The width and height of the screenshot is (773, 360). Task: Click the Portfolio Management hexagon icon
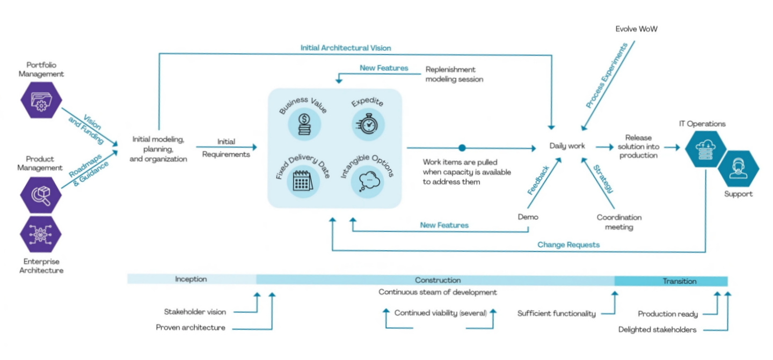pos(41,100)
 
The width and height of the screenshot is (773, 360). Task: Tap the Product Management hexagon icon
pos(41,195)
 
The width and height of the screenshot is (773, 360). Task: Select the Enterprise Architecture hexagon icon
pos(41,234)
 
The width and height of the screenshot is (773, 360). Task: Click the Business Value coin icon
pos(304,124)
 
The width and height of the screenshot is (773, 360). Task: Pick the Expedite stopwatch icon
pos(368,124)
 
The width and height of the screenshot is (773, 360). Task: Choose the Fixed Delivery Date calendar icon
pos(303,181)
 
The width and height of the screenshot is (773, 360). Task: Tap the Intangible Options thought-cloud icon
pos(368,181)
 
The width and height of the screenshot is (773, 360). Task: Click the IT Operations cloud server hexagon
pos(706,149)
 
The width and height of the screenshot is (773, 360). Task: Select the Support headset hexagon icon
pos(739,169)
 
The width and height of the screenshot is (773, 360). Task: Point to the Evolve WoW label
pos(636,29)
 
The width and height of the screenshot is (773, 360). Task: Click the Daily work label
pos(567,146)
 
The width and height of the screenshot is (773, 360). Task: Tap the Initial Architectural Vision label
pos(346,48)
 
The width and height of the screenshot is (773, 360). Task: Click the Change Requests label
pos(568,245)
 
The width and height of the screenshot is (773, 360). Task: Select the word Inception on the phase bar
pos(191,279)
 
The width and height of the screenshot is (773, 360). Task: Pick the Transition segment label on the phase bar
pos(680,281)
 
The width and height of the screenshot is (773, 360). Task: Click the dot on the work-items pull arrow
pos(462,148)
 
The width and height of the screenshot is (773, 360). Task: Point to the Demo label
pos(528,217)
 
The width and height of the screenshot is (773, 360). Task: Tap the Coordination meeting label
pos(619,222)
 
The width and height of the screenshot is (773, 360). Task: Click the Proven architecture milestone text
pos(191,328)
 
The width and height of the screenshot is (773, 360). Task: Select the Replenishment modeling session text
pos(454,75)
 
